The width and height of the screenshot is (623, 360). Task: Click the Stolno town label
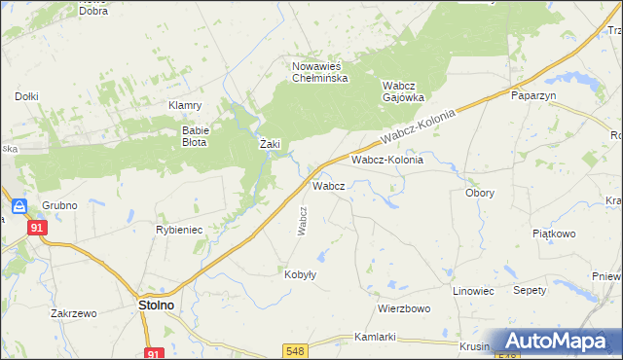(x=150, y=305)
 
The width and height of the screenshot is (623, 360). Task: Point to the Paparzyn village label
(x=532, y=96)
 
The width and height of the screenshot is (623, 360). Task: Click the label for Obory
(x=479, y=193)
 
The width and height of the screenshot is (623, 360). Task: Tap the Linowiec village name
(x=474, y=291)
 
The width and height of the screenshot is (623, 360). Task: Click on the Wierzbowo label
(x=404, y=308)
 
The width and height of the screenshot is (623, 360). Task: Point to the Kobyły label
(x=301, y=274)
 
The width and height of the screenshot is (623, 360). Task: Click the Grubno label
(x=59, y=206)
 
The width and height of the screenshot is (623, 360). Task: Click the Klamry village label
(x=184, y=105)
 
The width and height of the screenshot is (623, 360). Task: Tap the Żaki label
(x=270, y=144)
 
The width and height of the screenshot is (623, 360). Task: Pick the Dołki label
(x=26, y=96)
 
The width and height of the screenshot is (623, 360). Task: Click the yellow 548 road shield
(x=296, y=350)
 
